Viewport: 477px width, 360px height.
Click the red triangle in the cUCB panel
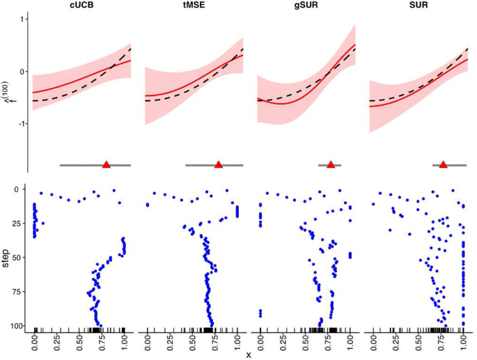click(x=107, y=165)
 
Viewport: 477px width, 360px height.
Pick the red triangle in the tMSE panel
click(x=219, y=165)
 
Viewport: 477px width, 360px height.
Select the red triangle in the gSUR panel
click(x=331, y=165)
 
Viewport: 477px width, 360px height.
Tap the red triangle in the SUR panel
click(x=444, y=165)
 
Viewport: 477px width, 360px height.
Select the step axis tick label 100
click(x=19, y=325)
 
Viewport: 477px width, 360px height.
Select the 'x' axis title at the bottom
click(x=249, y=354)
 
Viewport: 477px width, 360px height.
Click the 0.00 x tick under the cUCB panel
click(x=35, y=342)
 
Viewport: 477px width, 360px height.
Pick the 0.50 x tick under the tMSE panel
click(x=191, y=342)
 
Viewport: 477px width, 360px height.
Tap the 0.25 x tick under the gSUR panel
click(x=282, y=342)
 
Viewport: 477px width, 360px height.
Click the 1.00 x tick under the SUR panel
click(x=462, y=342)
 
